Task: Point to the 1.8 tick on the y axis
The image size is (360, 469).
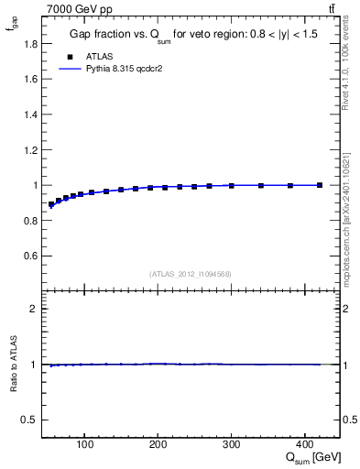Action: tap(31, 43)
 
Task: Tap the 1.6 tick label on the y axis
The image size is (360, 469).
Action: tap(31, 79)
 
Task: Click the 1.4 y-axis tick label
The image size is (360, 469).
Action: tap(31, 115)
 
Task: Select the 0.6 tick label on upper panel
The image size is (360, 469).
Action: tap(31, 256)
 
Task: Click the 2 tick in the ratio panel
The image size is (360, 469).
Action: tap(34, 309)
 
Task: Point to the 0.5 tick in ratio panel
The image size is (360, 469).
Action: tap(30, 420)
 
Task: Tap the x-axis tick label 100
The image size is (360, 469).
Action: tap(84, 446)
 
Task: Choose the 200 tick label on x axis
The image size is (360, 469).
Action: tap(158, 446)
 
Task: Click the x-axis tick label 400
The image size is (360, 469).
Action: tap(305, 446)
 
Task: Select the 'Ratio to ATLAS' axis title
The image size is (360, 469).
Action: tap(13, 365)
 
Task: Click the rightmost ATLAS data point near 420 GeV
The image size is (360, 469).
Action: tap(320, 185)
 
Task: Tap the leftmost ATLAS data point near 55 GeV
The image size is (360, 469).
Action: tap(51, 204)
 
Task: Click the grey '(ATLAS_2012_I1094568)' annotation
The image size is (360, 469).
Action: tap(191, 274)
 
